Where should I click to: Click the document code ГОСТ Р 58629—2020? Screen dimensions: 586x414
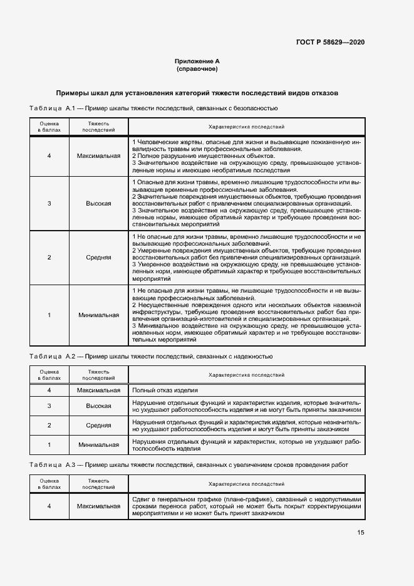(x=330, y=42)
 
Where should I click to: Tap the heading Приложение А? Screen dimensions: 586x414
(x=197, y=61)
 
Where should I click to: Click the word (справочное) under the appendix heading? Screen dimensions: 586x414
(x=197, y=68)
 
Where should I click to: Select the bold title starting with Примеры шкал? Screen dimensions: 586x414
(x=197, y=93)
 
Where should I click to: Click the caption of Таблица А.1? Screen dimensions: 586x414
(x=154, y=109)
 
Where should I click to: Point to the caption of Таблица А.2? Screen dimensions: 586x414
(x=151, y=356)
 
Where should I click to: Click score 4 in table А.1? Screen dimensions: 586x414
(x=49, y=155)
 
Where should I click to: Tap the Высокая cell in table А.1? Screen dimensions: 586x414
(x=99, y=204)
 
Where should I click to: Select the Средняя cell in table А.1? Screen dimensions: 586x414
(x=99, y=258)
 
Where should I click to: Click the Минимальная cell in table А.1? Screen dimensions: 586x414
(x=99, y=315)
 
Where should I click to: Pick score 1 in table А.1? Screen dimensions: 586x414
(x=49, y=315)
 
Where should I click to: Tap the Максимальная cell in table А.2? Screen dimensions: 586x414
(x=99, y=390)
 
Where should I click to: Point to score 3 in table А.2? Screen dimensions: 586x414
(x=49, y=405)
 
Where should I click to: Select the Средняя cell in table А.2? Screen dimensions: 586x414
(x=99, y=426)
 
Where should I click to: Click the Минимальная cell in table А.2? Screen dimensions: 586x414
(x=99, y=445)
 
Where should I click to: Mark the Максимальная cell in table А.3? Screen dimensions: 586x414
(x=99, y=505)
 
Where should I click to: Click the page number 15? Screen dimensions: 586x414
(x=361, y=533)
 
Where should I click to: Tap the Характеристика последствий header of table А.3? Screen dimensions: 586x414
(x=246, y=484)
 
